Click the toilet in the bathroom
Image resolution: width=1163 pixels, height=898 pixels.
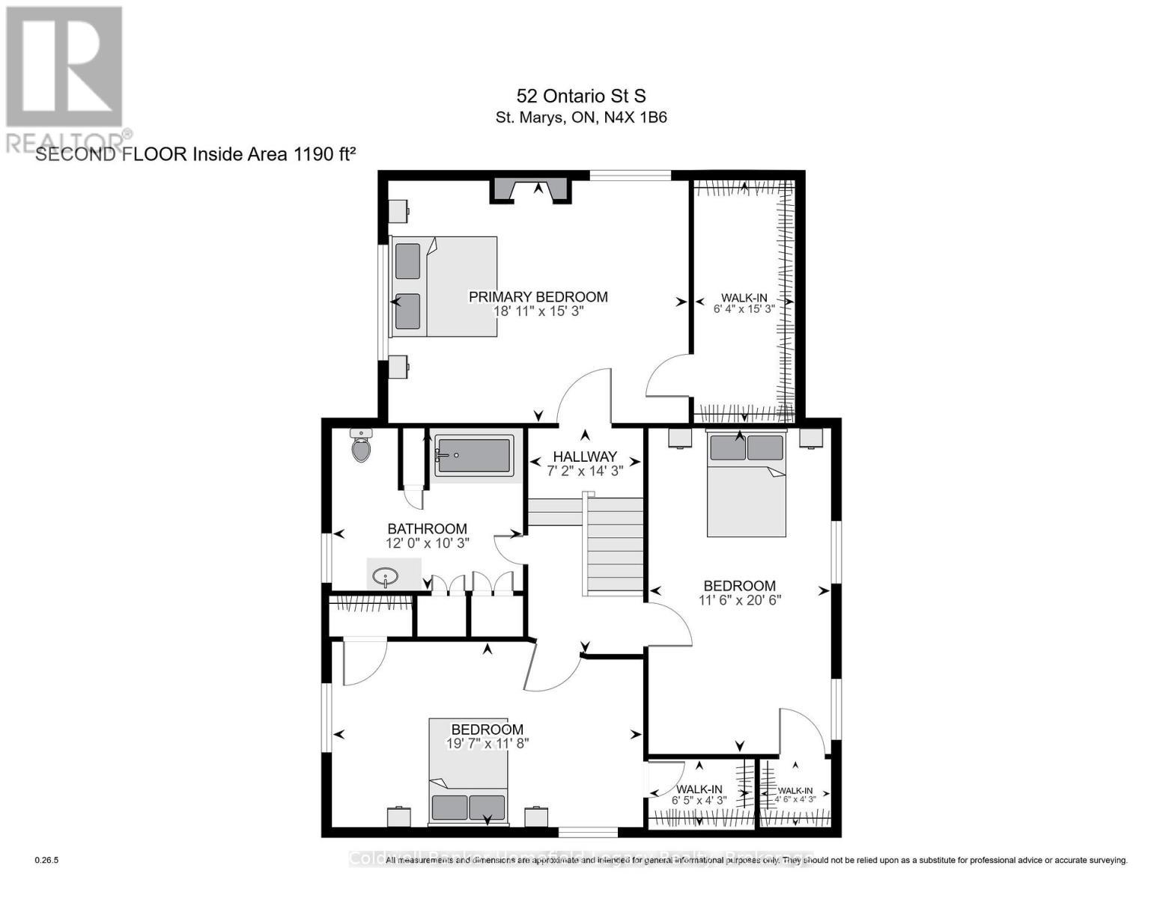tap(361, 446)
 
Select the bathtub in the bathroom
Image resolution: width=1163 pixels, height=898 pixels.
tap(473, 456)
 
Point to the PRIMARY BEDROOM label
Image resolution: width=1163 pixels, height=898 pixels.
tap(538, 297)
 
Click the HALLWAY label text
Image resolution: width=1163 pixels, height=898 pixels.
tap(585, 456)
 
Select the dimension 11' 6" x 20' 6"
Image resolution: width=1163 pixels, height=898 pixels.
tap(739, 599)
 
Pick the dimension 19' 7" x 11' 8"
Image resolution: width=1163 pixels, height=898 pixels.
tap(487, 744)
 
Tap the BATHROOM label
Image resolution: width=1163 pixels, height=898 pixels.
tap(427, 529)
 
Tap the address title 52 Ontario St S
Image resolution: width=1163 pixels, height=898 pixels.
tap(581, 96)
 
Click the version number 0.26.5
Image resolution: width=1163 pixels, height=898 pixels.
tap(46, 861)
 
